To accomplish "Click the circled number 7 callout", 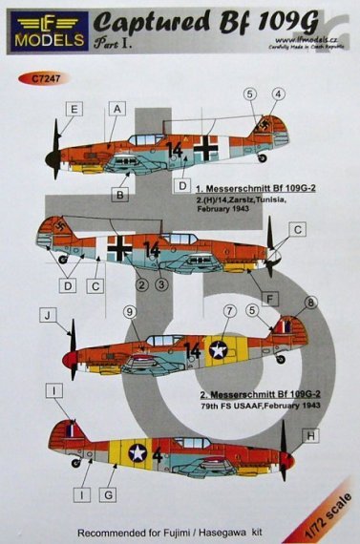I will (x=229, y=312).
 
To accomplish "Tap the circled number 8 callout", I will (x=308, y=303).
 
